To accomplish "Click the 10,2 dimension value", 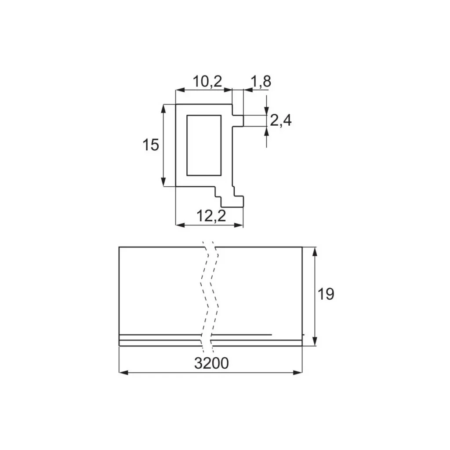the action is pos(207,81).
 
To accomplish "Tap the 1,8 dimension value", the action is pos(261,81).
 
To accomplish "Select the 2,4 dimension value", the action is pos(281,120).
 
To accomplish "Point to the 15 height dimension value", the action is pos(151,145).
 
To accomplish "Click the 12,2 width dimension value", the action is pos(211,215).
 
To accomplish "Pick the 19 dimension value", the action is pos(326,294).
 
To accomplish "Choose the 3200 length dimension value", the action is pos(211,363).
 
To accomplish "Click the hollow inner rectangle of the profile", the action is pos(204,145).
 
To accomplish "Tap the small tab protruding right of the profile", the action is pos(238,121).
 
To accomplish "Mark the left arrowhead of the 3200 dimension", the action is pos(123,373).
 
